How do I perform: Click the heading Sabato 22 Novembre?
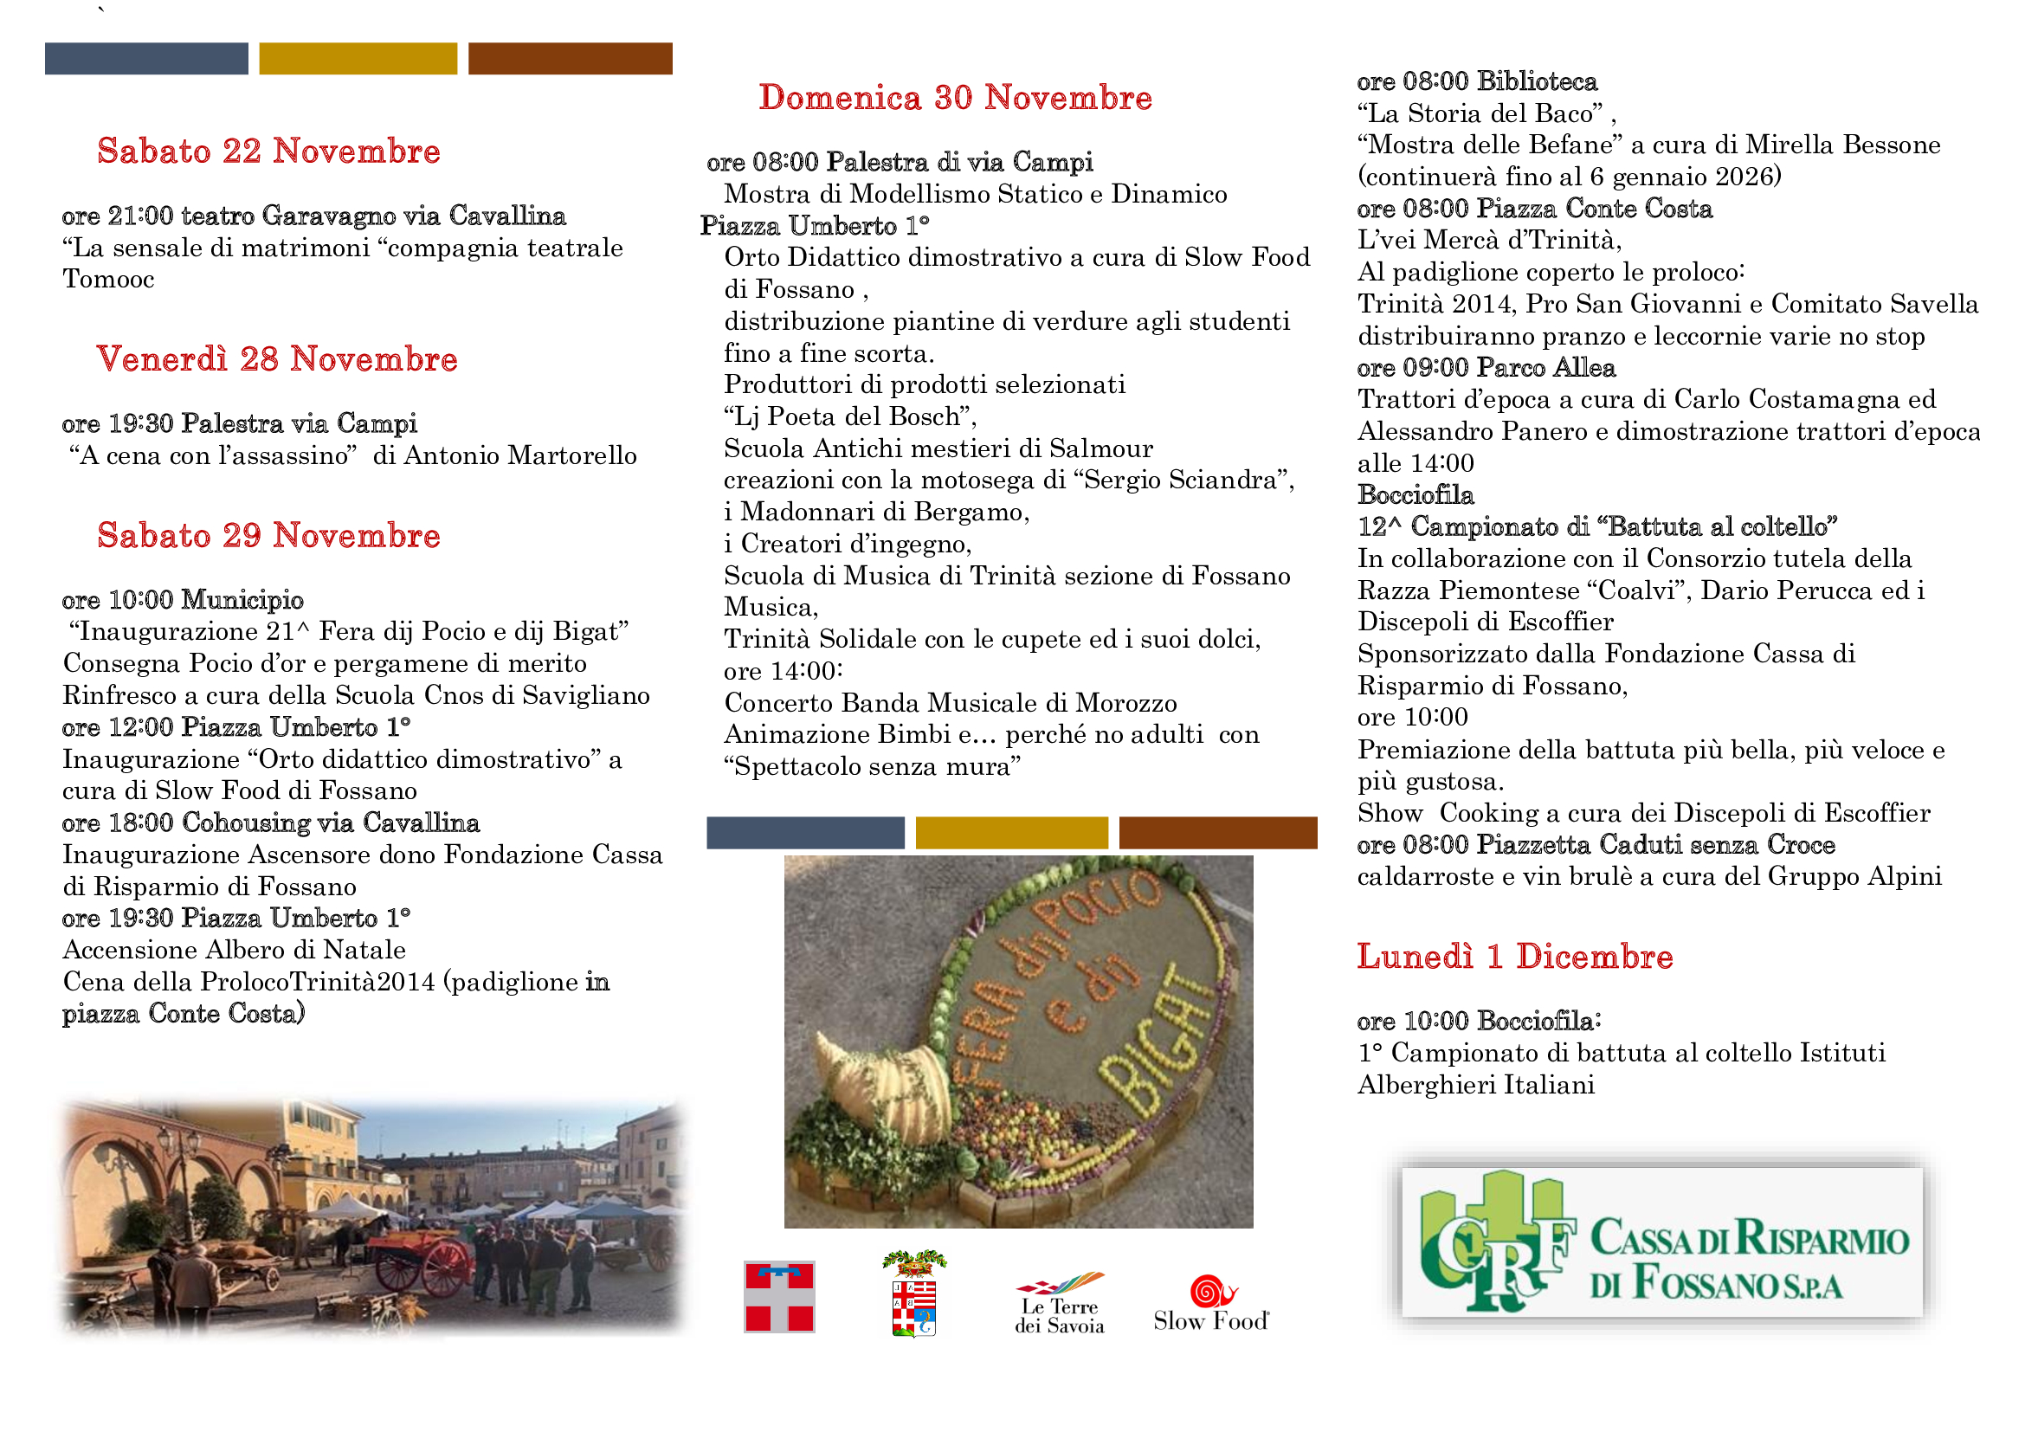pos(268,152)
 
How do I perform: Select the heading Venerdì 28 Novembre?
pos(277,359)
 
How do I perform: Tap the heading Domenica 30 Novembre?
pos(955,98)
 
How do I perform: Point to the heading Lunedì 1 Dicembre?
pos(1514,957)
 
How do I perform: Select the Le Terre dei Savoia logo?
pos(1059,1303)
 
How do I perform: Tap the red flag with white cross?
pos(779,1296)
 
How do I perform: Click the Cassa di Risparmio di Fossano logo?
pos(1661,1242)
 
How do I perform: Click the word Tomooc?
pos(108,280)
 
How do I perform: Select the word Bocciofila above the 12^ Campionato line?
pos(1416,494)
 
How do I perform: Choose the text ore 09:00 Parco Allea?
pos(1487,368)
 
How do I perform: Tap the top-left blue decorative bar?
pos(146,58)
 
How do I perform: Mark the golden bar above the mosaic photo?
pos(1011,832)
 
